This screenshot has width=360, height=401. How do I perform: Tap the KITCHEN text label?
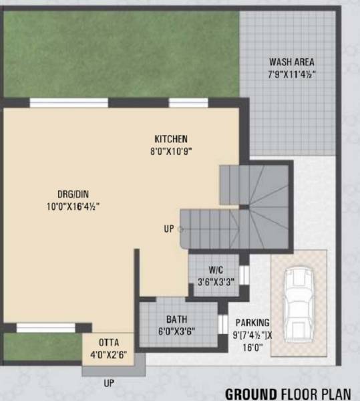pos(171,139)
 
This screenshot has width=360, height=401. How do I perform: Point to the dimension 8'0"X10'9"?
pos(171,152)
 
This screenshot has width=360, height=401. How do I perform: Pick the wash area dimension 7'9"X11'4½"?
pos(291,75)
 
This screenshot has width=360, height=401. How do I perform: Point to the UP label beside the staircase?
pos(169,229)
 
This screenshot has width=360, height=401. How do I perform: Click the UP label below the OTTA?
pos(108,384)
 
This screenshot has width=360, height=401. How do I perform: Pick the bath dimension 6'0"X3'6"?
pos(176,331)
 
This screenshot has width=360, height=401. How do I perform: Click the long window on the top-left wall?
pos(69,103)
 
